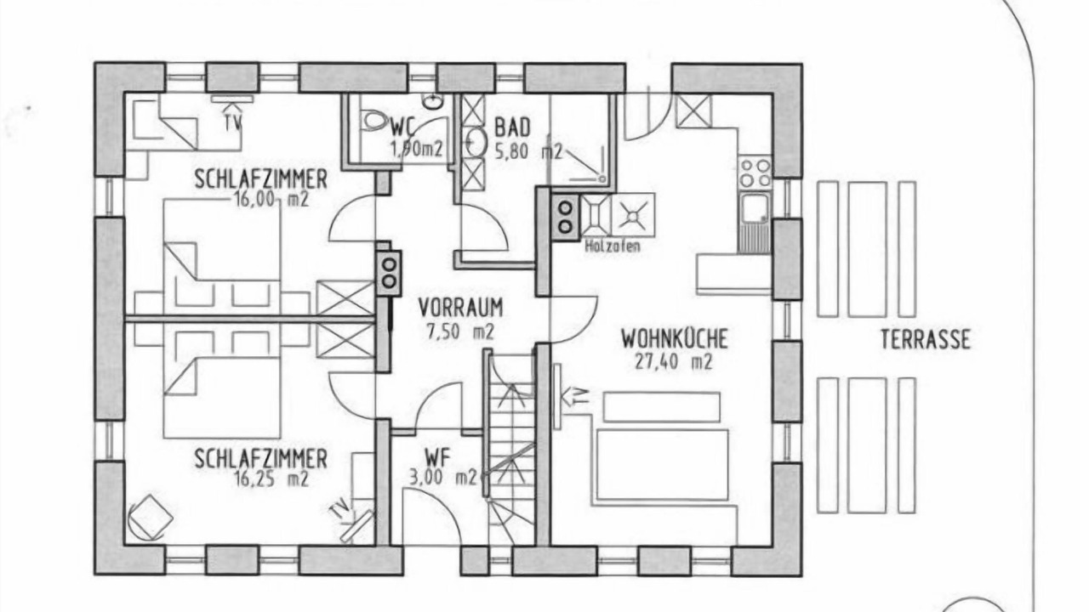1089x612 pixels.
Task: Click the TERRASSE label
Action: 925,339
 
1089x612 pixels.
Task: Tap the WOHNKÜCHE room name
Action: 675,339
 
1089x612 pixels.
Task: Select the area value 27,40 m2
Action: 673,362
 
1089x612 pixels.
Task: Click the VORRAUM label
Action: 460,308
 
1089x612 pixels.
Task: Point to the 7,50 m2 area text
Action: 460,331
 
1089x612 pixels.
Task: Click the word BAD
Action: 512,127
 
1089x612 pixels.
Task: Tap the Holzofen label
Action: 612,246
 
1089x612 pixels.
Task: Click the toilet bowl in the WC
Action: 373,120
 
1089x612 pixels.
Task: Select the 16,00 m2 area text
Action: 271,200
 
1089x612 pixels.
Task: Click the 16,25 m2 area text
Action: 271,479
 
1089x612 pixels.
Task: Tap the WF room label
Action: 437,457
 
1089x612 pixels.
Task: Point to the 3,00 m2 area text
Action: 442,478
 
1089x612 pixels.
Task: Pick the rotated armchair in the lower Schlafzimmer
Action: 151,518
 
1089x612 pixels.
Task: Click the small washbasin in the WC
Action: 431,101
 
